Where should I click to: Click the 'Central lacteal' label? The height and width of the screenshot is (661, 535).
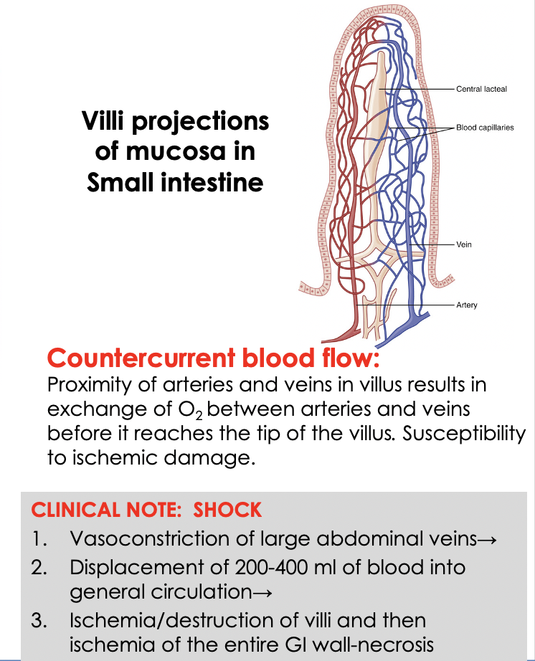click(481, 89)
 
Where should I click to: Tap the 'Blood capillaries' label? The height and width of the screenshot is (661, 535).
click(486, 128)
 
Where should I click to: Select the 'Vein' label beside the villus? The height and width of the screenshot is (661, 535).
click(464, 244)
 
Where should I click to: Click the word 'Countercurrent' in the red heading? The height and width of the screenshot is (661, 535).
click(143, 357)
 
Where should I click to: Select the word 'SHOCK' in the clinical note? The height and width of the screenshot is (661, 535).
click(228, 510)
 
